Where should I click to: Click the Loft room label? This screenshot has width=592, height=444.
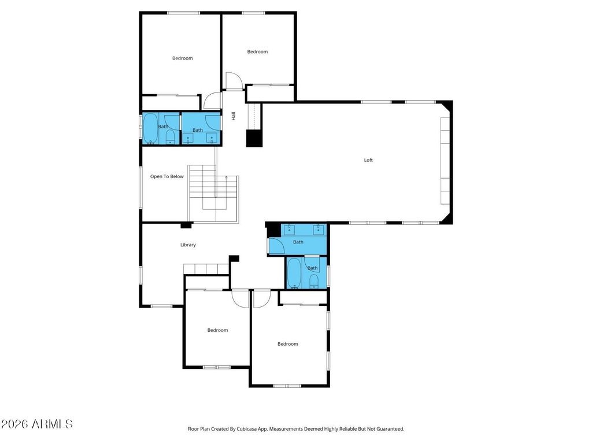click(x=368, y=160)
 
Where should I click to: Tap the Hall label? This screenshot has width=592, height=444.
click(x=234, y=116)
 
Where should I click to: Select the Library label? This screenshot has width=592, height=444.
click(x=188, y=245)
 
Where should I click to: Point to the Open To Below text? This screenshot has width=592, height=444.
click(x=167, y=176)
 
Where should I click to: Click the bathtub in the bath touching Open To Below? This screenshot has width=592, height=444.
click(x=150, y=128)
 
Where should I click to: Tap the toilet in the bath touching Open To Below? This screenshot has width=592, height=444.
click(x=171, y=137)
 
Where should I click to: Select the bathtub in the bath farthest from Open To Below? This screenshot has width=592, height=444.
click(x=294, y=273)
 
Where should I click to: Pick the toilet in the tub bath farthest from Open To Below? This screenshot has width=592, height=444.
click(x=314, y=282)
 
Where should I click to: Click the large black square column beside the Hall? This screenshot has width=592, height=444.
click(x=254, y=138)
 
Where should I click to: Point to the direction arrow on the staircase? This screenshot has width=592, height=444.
click(x=226, y=177)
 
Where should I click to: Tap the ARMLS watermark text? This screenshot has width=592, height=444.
click(x=36, y=424)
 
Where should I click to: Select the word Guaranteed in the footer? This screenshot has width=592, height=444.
click(x=391, y=429)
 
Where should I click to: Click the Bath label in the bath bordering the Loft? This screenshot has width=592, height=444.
click(x=298, y=242)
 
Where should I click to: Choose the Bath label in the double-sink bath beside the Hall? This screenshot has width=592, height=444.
click(x=198, y=130)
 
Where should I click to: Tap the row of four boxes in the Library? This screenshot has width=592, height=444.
click(x=206, y=269)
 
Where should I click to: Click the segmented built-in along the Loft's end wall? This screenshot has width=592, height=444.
click(x=445, y=161)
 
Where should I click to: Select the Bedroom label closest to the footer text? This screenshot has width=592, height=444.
click(x=288, y=344)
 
